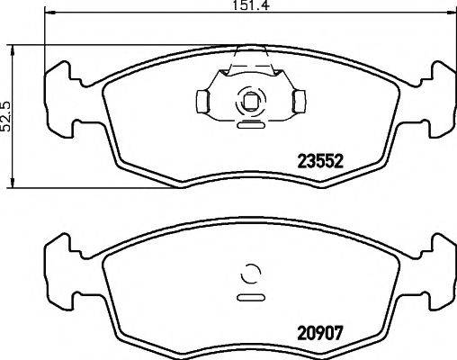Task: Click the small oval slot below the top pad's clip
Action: tap(249, 126)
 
